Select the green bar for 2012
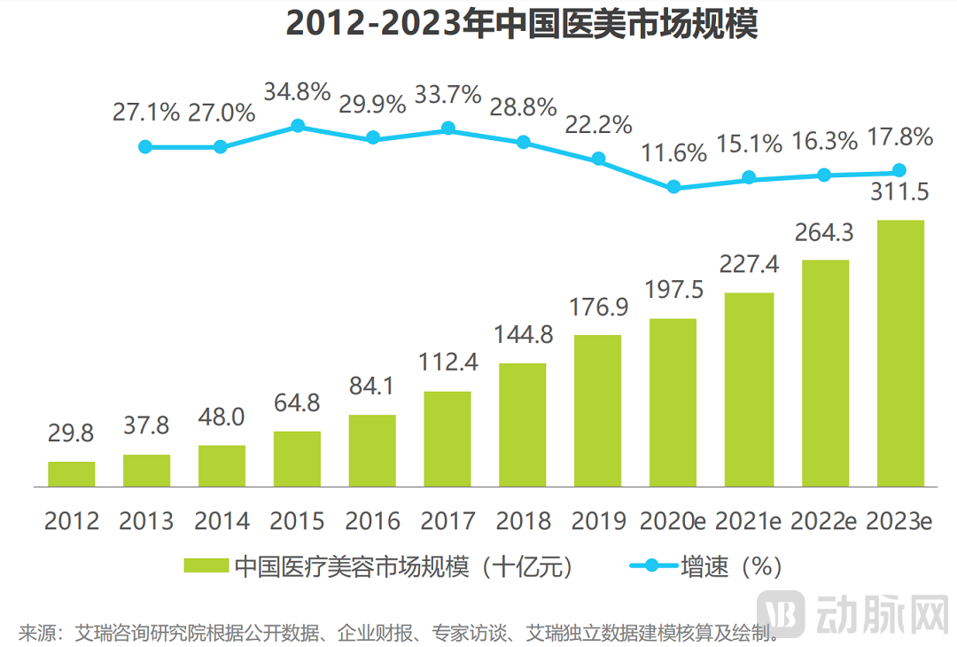click(x=71, y=474)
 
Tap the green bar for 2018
click(x=523, y=425)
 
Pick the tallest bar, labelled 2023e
click(x=899, y=354)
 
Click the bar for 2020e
click(x=673, y=403)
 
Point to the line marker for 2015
click(x=298, y=126)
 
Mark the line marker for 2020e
click(x=673, y=187)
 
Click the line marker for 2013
click(x=146, y=146)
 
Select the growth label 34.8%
click(x=298, y=91)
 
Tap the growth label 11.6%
click(x=673, y=152)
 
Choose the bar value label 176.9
click(x=599, y=308)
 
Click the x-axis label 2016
click(x=373, y=520)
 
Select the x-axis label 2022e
click(x=825, y=520)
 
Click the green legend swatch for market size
click(x=207, y=566)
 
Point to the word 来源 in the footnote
click(x=35, y=634)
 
